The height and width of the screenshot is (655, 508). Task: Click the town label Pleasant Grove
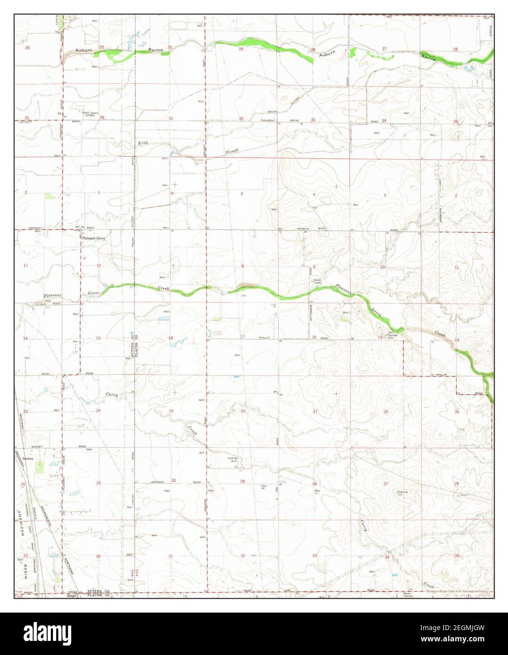coord(94,238)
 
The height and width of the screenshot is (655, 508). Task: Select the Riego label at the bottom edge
coord(72,596)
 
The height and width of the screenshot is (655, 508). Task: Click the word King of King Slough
coord(143,142)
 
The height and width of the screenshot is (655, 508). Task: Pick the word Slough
coord(232,151)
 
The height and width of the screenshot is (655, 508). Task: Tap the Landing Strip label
coord(233,459)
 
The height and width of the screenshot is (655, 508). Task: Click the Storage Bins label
coord(391,336)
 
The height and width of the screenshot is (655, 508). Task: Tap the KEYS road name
coord(45,374)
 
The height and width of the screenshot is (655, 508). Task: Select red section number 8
coord(243,267)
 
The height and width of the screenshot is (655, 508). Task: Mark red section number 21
coord(315,412)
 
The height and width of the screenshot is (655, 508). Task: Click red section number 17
coord(243,336)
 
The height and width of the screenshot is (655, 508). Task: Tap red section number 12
coord(99,266)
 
